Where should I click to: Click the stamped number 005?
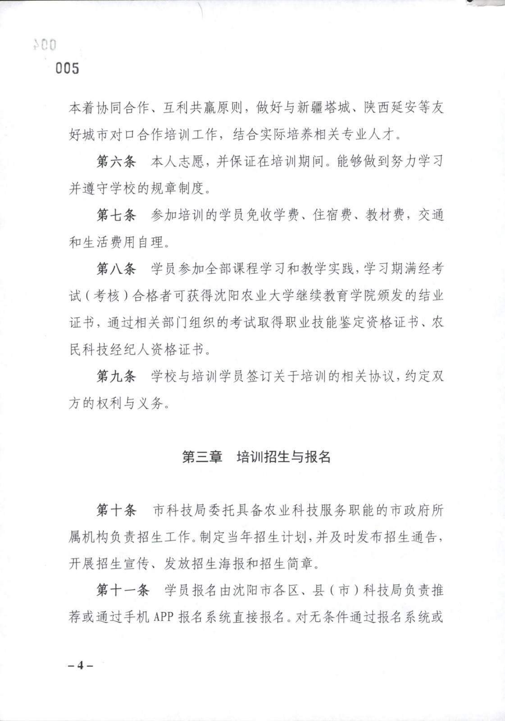67,68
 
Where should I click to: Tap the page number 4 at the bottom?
81,666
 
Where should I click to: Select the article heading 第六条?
116,161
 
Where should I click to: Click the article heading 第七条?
116,215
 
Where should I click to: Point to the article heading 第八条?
116,269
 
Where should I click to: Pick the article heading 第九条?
116,376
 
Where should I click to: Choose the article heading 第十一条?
123,590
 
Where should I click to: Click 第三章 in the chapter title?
202,457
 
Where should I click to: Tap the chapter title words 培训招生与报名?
284,457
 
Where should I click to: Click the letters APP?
164,617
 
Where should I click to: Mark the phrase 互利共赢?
190,108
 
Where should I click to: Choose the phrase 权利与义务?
130,403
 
